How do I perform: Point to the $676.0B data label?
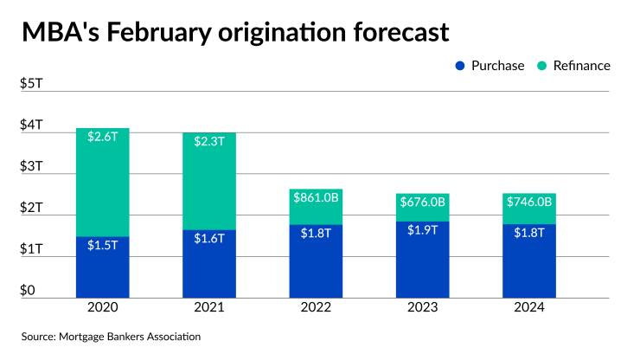click(422, 203)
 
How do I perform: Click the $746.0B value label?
click(528, 203)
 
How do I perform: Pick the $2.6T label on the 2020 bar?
click(102, 136)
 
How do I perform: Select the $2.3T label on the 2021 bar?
click(209, 140)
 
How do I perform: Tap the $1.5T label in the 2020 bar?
click(102, 245)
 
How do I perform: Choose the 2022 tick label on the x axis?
click(316, 307)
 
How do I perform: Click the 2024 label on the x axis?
click(528, 307)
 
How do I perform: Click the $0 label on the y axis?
click(27, 291)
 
